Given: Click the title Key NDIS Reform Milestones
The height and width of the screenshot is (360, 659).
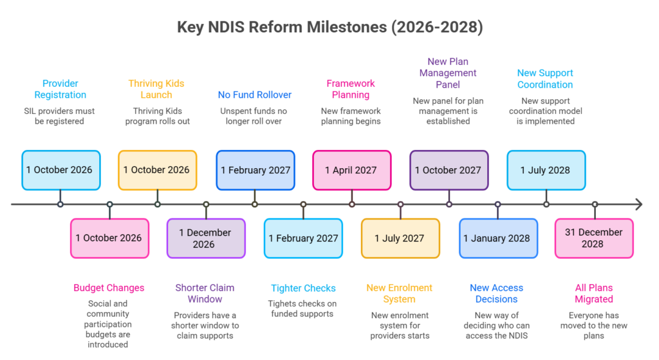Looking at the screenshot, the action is [330, 27].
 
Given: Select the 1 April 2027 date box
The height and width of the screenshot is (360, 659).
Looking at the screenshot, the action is [352, 170].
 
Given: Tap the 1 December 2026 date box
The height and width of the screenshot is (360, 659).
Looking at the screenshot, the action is [206, 238].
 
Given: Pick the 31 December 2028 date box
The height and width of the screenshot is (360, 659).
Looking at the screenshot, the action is [594, 238].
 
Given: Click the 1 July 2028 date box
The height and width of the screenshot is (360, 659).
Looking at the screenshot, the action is [546, 170].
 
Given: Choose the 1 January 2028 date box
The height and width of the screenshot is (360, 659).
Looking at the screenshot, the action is [498, 238].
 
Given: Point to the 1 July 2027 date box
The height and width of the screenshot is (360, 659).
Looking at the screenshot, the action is [400, 238].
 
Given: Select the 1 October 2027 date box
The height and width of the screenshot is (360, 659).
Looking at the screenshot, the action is [449, 170].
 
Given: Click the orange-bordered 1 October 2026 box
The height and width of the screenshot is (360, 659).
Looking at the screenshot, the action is [157, 170].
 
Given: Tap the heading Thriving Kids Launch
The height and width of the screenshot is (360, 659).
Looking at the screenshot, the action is [156, 89].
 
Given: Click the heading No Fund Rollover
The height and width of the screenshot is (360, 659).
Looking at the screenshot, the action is [255, 95].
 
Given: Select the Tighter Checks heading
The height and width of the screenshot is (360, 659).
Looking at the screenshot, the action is [303, 288].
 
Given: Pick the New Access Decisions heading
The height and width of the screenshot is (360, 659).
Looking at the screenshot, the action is [496, 294].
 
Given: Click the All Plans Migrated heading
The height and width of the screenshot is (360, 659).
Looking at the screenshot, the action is [594, 294].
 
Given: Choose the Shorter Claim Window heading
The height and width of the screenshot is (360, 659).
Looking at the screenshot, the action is [205, 294].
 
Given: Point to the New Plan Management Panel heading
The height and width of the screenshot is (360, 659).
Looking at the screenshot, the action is [448, 73].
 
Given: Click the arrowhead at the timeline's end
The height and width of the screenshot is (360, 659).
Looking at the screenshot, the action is [639, 204].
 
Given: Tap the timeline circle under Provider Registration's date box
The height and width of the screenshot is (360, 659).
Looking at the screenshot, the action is [60, 204].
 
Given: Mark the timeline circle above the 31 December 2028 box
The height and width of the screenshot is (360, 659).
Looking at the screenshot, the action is [595, 204].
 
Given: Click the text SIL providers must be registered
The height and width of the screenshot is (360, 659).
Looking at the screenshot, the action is [59, 116].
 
